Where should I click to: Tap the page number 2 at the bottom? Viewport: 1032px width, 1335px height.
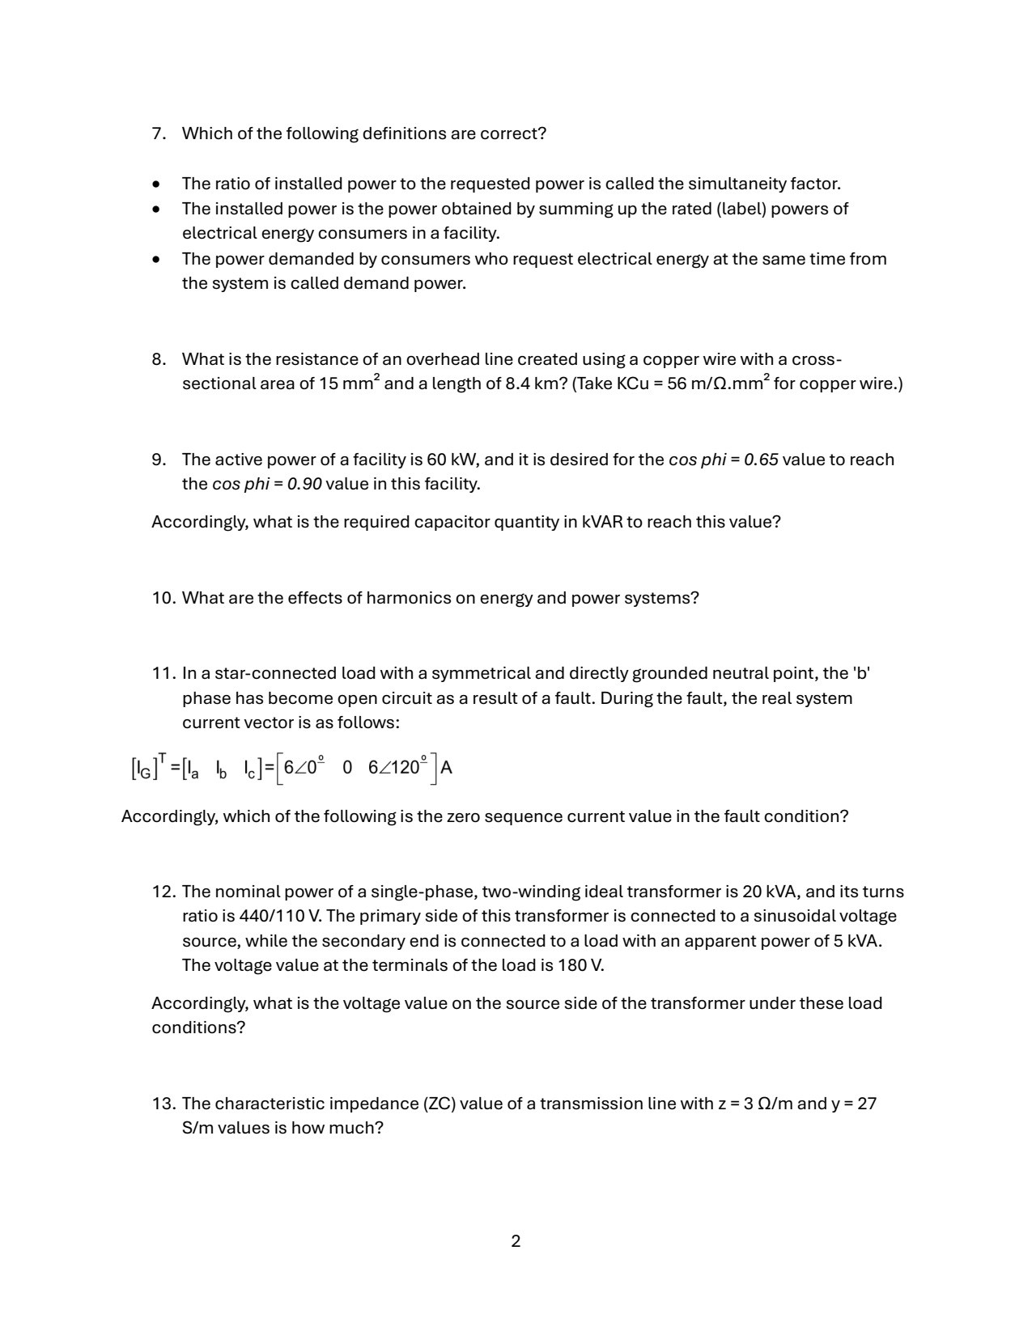click(516, 1241)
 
